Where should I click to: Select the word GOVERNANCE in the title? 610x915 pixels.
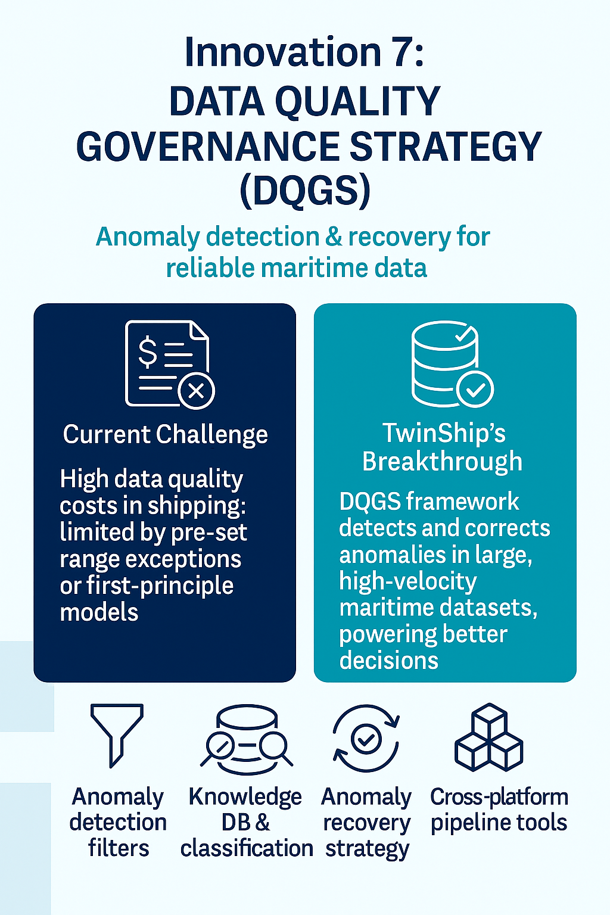(x=207, y=147)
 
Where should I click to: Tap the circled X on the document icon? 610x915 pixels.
(x=197, y=391)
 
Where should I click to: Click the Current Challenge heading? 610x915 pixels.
(x=165, y=434)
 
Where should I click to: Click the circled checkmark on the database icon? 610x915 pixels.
(x=475, y=390)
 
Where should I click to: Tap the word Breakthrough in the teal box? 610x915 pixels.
(x=442, y=461)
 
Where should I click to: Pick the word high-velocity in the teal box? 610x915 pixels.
(x=408, y=581)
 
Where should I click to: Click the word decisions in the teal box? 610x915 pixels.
(x=388, y=660)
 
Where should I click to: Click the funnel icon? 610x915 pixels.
(x=117, y=735)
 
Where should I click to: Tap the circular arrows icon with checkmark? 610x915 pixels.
(x=366, y=739)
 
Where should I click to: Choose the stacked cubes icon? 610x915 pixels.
(x=488, y=737)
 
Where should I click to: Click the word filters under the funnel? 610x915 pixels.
(x=119, y=848)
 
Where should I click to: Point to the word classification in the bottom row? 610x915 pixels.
(x=247, y=848)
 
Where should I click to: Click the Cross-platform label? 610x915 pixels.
(x=499, y=796)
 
